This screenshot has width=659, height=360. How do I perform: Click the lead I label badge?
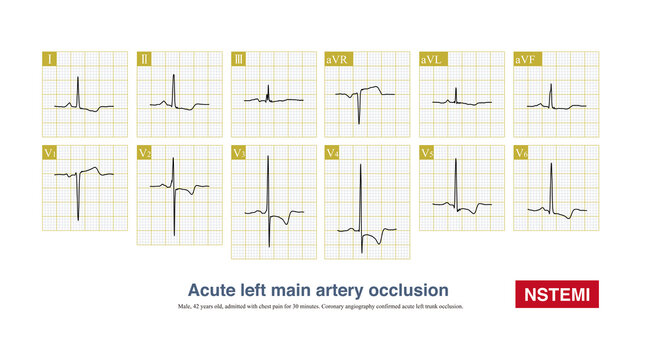tap(49, 60)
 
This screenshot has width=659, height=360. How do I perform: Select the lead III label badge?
tap(240, 60)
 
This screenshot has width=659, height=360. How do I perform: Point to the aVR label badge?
tap(337, 60)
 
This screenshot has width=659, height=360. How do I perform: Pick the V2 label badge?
tap(146, 152)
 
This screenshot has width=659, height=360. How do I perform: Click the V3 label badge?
tap(241, 152)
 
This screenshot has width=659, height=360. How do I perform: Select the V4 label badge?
tap(336, 152)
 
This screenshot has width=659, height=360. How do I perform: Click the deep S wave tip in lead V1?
tap(77, 219)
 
